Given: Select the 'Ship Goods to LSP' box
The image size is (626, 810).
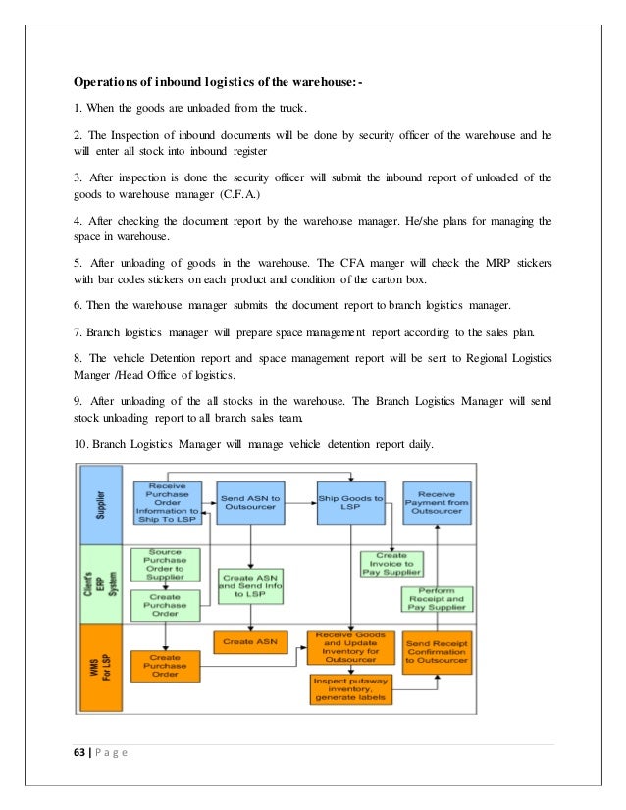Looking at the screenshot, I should (346, 502).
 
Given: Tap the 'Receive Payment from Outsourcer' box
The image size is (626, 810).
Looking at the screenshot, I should (437, 502).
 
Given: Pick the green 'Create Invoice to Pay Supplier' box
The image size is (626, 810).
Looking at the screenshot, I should (392, 563).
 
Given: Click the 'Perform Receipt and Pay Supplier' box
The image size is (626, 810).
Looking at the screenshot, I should (437, 599).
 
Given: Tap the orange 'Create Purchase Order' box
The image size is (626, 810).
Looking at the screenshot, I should (166, 664).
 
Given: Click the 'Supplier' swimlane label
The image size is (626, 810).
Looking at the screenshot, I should (105, 502).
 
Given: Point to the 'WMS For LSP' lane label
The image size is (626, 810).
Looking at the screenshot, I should (105, 665).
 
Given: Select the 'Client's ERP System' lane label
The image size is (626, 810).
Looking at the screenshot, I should (105, 584).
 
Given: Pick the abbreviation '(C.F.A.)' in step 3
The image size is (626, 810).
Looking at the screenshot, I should (232, 195).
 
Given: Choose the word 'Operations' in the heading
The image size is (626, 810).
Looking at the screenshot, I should (113, 80).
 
